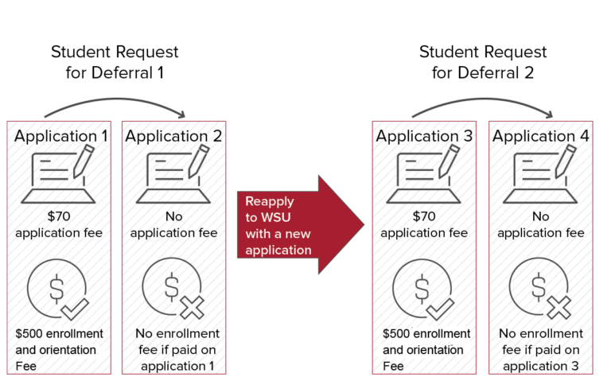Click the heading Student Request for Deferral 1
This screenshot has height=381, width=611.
[115, 62]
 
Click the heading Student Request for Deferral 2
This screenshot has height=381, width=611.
[483, 62]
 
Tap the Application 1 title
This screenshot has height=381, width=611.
[60, 136]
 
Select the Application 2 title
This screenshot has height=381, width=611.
[173, 136]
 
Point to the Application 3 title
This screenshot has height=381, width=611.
[424, 136]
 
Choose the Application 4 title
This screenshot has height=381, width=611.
[540, 136]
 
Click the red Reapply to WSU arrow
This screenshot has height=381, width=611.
[301, 225]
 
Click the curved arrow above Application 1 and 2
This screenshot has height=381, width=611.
[115, 99]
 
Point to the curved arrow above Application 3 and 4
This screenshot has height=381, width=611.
[483, 99]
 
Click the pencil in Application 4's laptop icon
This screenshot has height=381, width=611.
[566, 161]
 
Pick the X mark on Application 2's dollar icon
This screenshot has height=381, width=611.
[192, 308]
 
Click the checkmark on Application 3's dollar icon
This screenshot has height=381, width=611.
[440, 309]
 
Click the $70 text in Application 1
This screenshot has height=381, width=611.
[59, 216]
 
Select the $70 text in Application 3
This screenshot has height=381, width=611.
[424, 216]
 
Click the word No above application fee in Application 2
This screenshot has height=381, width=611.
[173, 216]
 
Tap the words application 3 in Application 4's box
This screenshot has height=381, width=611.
[541, 366]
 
